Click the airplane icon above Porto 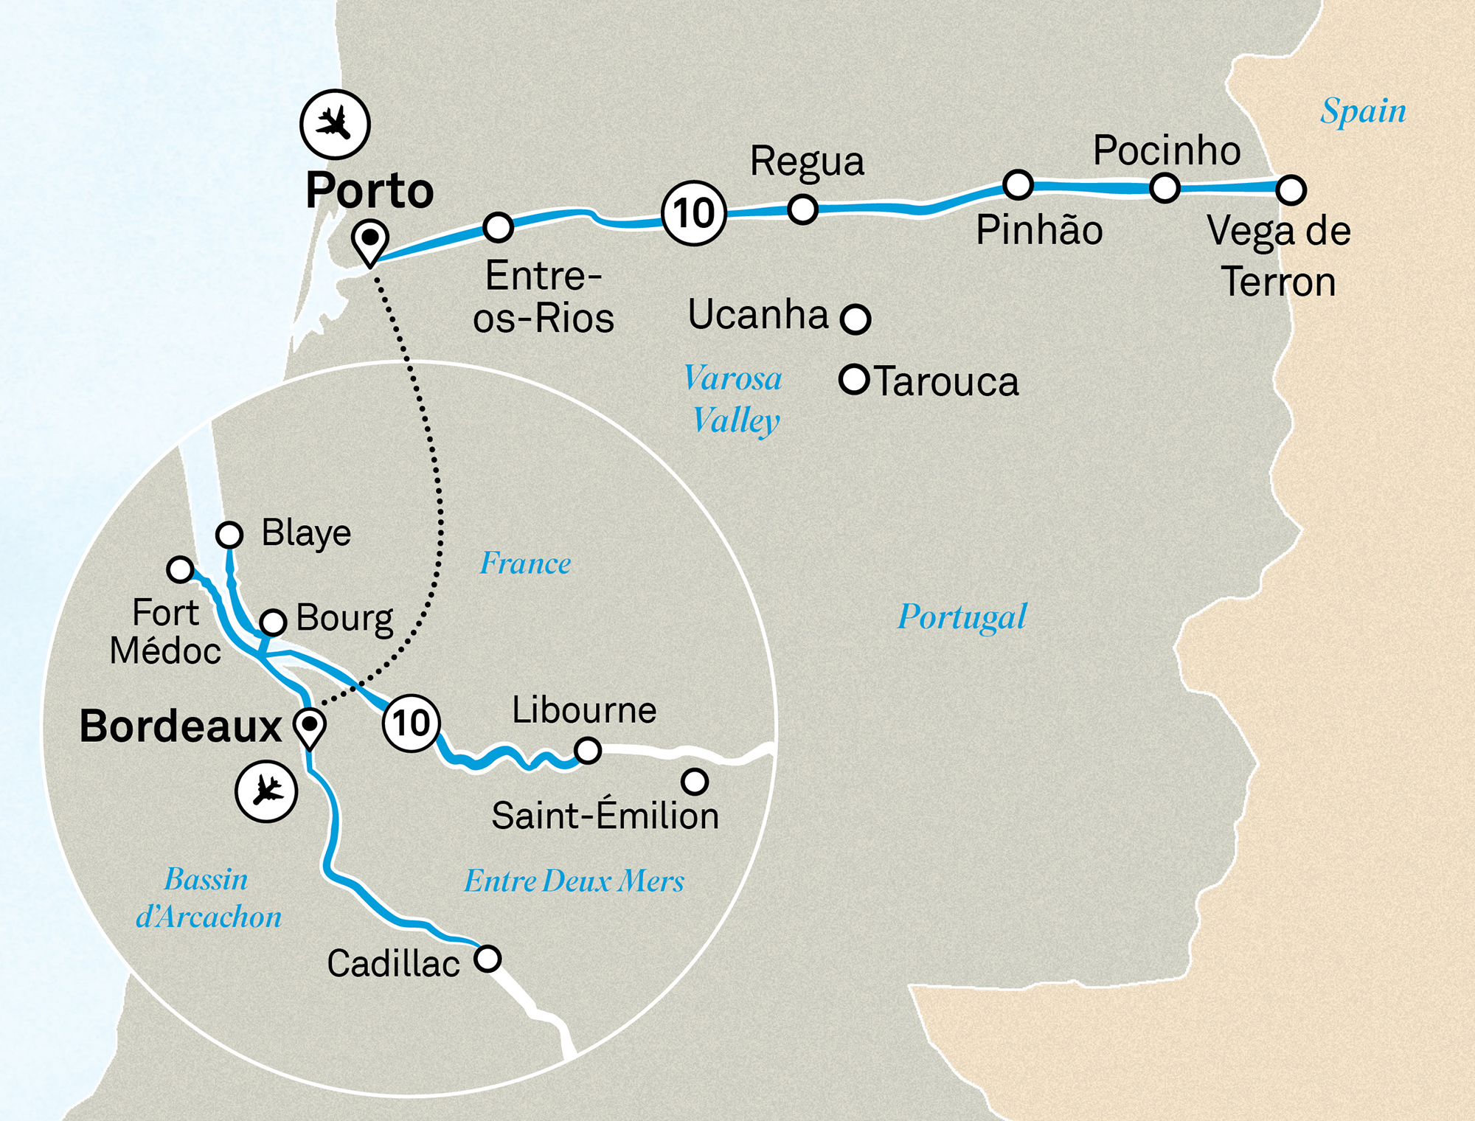click(335, 124)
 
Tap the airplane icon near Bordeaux click(266, 791)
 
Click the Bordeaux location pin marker click(310, 727)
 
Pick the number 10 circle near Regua click(694, 213)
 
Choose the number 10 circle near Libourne click(412, 722)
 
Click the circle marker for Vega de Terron click(1291, 190)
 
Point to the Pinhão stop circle click(1018, 184)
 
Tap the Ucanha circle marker click(855, 319)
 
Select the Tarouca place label click(946, 382)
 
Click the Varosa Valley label click(734, 399)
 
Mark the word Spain click(1363, 111)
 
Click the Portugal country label click(962, 617)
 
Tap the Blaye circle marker click(229, 534)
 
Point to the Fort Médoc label click(165, 632)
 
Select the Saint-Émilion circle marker click(695, 781)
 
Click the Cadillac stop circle click(487, 959)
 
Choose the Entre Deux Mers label click(574, 881)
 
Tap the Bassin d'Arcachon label click(208, 898)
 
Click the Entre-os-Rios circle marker click(499, 227)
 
